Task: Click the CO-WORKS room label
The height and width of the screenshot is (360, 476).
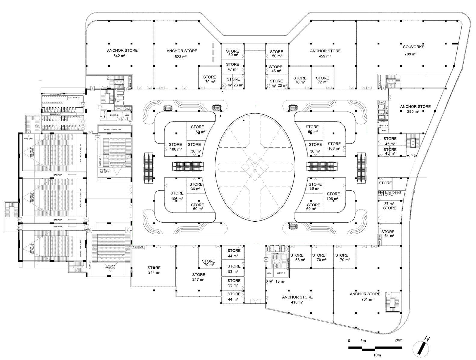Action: click(x=413, y=47)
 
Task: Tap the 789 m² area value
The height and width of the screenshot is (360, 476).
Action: click(x=410, y=54)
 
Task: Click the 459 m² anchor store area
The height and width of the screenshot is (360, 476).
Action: click(x=325, y=56)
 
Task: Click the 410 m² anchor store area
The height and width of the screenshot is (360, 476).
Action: click(x=297, y=302)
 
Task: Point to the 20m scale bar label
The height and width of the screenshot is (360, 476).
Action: click(x=398, y=340)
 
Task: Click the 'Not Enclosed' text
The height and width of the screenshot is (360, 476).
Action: click(x=389, y=192)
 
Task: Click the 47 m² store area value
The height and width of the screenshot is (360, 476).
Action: click(x=232, y=69)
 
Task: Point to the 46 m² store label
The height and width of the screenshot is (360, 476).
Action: click(x=276, y=71)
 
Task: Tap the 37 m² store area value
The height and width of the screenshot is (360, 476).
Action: click(x=388, y=204)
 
